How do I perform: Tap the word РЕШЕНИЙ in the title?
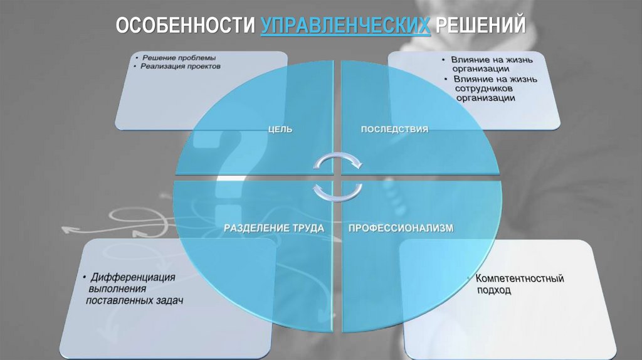point(480,26)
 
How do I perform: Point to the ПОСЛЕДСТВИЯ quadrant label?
point(394,129)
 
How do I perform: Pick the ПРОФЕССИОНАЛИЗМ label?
point(400,228)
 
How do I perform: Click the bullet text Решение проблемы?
point(178,58)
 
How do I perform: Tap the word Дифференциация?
point(132,277)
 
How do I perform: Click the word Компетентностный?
point(520,278)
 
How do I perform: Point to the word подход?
point(493,290)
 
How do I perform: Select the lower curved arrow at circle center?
point(337,191)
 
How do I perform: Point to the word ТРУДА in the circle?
point(307,228)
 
